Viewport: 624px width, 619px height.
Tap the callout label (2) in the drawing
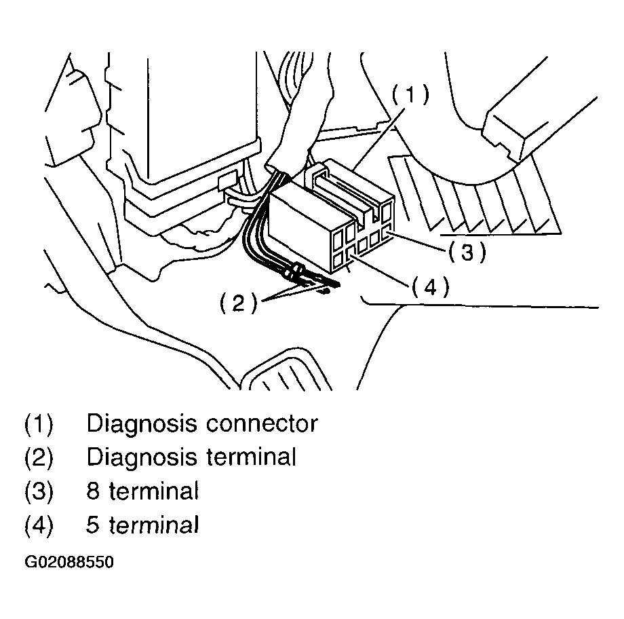pos(238,303)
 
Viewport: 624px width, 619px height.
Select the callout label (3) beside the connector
pos(467,252)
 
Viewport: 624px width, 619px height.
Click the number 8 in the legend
pos(93,491)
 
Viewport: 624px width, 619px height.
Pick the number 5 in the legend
pos(93,525)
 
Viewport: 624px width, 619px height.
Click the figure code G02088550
pos(69,563)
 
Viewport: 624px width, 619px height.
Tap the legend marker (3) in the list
pos(39,491)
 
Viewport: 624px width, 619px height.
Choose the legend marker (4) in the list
pos(39,525)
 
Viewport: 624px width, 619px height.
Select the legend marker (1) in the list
pos(39,424)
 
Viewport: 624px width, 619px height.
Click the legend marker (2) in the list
pos(39,457)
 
